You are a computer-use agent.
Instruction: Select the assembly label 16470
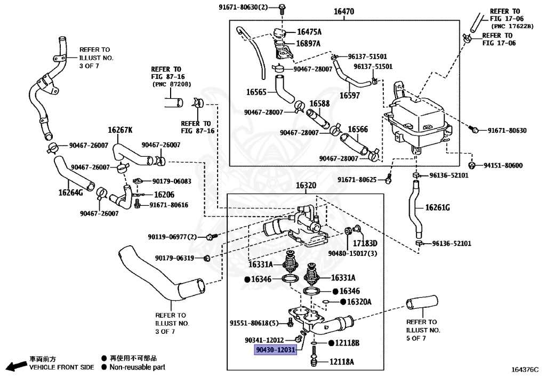[x=343, y=11]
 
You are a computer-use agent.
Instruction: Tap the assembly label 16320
[x=306, y=186]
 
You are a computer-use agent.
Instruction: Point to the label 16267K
[x=121, y=130]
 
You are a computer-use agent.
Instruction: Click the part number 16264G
[x=71, y=192]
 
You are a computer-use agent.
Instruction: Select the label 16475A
[x=309, y=33]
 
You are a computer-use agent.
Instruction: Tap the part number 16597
[x=348, y=95]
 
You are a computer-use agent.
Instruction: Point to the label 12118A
[x=341, y=362]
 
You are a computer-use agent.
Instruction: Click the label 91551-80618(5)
[x=254, y=323]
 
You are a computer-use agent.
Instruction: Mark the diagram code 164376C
[x=525, y=369]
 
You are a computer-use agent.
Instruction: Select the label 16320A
[x=359, y=302]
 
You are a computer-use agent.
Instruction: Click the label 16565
[x=256, y=91]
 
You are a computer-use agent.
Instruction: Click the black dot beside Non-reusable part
[x=105, y=367]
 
